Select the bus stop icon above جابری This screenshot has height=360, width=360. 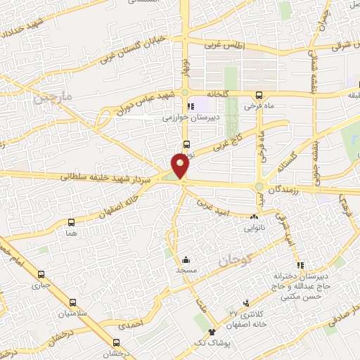point(41,275)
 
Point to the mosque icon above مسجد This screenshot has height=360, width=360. point(185,259)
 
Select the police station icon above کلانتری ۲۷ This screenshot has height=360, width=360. point(245,300)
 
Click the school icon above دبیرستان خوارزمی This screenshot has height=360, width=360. point(190,107)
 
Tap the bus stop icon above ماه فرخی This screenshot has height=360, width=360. point(259,96)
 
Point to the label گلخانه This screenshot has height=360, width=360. point(221,94)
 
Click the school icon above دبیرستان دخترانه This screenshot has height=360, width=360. point(301,266)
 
